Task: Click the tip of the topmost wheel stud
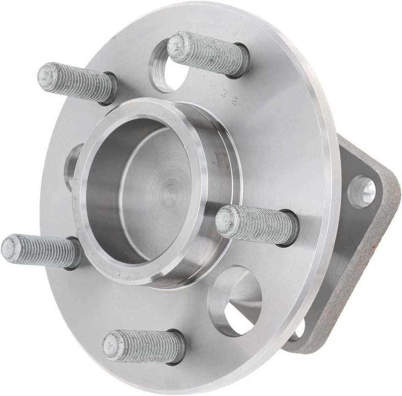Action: click(176, 45)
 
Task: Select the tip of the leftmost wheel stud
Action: click(10, 247)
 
